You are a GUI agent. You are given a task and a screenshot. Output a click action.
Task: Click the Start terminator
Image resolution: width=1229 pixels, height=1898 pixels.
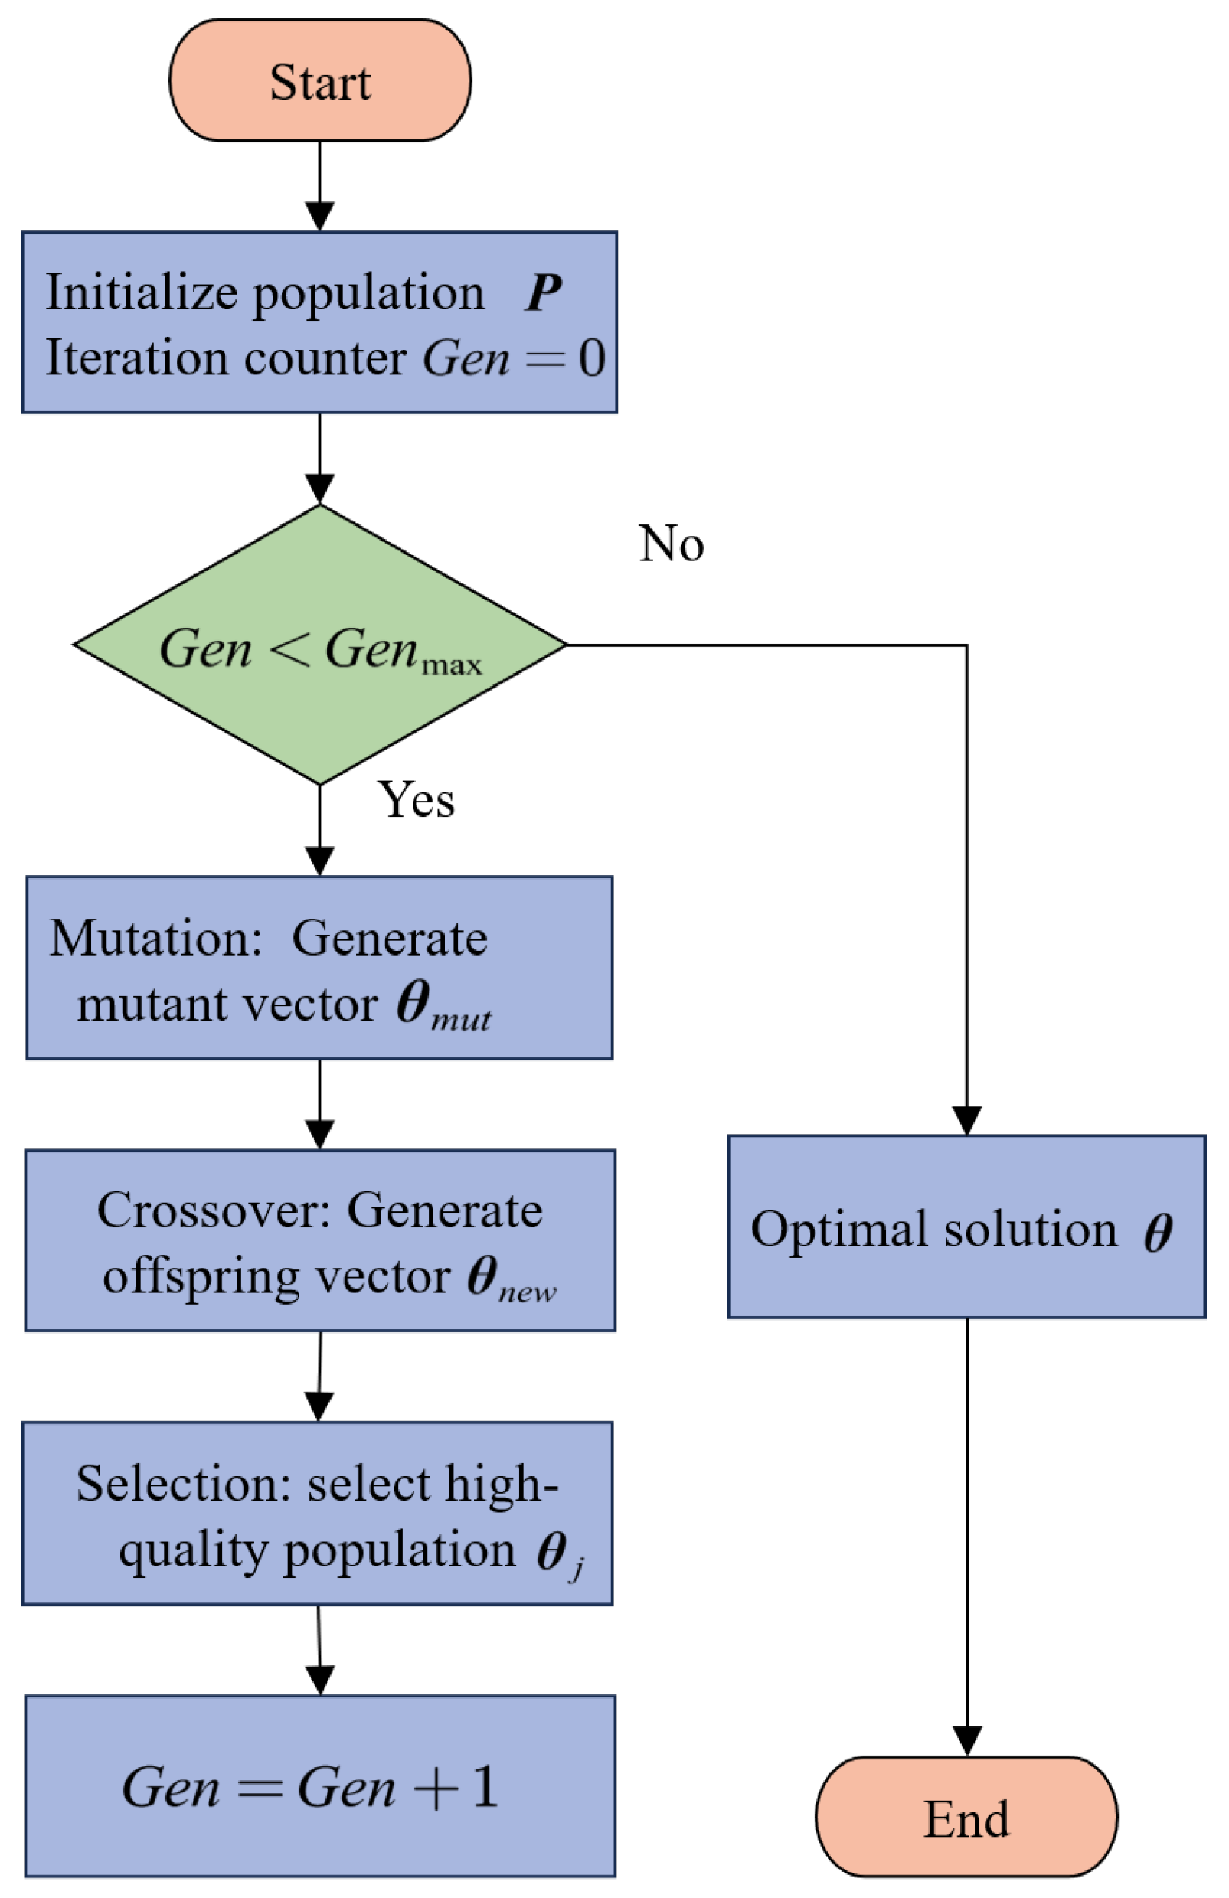(319, 80)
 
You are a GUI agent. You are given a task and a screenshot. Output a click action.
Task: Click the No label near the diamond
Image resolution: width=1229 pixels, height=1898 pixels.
(671, 544)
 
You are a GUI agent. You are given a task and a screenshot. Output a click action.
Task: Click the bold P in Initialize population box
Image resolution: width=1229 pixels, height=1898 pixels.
(543, 292)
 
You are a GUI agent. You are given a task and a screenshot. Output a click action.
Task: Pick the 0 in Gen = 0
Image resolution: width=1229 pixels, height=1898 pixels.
(591, 358)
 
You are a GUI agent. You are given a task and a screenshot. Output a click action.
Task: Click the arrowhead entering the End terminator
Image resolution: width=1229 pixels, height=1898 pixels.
(966, 1741)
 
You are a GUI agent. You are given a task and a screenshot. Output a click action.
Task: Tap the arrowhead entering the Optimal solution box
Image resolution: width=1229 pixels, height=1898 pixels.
(966, 1120)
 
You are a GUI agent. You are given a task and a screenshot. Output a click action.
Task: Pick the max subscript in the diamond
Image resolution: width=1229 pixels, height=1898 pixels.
(452, 665)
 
